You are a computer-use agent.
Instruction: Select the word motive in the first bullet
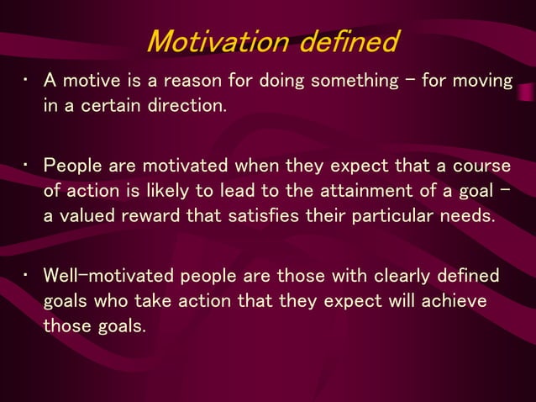point(90,81)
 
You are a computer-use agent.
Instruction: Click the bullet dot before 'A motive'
point(27,81)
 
